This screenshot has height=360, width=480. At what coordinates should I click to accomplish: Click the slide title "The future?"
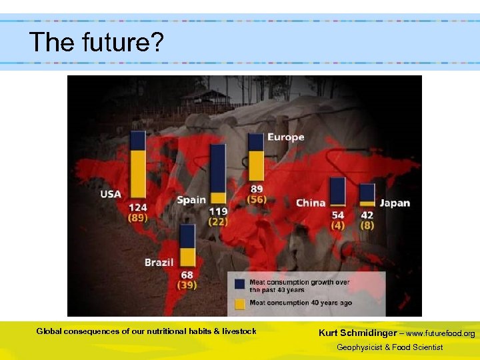pos(96,43)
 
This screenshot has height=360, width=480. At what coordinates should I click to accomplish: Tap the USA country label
pos(111,194)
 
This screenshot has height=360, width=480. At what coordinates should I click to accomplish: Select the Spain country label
pos(191,200)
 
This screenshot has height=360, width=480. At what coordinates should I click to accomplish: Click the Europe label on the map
pos(285,137)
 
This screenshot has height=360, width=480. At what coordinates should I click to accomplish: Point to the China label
pos(311,203)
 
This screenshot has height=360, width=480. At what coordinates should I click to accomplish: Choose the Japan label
pos(395,203)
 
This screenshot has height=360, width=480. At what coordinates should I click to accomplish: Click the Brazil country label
pos(159,262)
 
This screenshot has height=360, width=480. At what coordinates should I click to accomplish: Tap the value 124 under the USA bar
pos(138,207)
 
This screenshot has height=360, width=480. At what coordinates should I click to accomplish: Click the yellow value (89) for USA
pos(138,217)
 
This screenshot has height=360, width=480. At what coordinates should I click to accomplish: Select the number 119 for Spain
pos(219,211)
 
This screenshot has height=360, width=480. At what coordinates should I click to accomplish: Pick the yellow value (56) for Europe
pos(257,199)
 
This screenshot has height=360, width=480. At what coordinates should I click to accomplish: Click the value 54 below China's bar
pos(338,215)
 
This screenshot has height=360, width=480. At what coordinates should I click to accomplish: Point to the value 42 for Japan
pos(367,215)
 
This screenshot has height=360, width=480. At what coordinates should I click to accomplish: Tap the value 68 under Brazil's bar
pos(187,275)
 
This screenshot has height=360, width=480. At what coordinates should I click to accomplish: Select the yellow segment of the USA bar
pos(138,175)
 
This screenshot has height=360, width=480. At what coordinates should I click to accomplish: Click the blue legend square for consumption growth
pos(239,284)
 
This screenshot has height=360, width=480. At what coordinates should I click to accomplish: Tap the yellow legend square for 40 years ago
pos(239,303)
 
